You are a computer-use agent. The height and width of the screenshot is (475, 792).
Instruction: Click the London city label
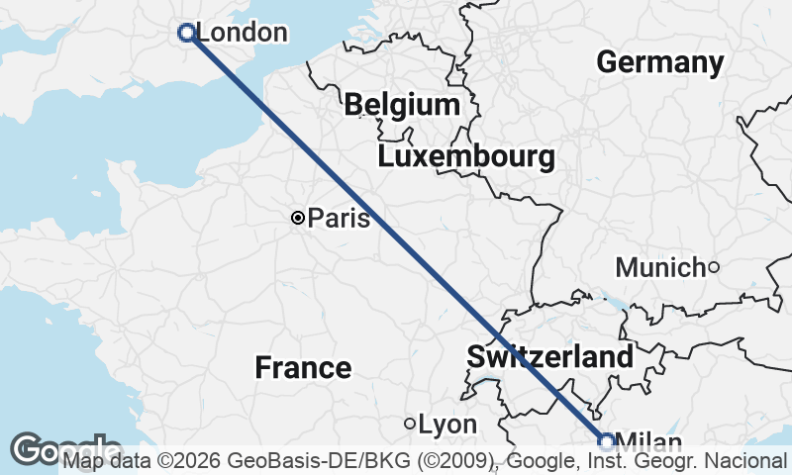[243, 33]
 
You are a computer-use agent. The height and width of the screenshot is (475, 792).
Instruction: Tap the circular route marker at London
[185, 33]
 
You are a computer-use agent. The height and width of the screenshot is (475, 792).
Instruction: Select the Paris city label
[339, 218]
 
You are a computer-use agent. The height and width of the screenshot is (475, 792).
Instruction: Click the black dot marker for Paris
[297, 218]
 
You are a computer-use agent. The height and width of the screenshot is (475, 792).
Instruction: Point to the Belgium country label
[402, 105]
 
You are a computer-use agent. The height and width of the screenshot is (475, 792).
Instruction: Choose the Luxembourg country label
[465, 156]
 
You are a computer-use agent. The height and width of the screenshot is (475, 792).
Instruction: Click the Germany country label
[660, 62]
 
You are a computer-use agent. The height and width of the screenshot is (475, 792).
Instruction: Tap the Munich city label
[659, 267]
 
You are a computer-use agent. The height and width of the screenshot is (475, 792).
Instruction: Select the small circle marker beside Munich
[713, 267]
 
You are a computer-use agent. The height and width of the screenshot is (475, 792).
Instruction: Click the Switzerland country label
[549, 357]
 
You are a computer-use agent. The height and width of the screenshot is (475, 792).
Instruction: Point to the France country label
[303, 368]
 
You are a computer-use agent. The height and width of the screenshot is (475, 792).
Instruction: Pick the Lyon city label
[447, 425]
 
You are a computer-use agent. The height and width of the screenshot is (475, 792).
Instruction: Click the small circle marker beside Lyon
[410, 424]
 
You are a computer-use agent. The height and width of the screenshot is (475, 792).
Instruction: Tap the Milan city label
[648, 441]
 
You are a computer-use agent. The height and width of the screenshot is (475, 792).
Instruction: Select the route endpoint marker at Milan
[607, 441]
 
